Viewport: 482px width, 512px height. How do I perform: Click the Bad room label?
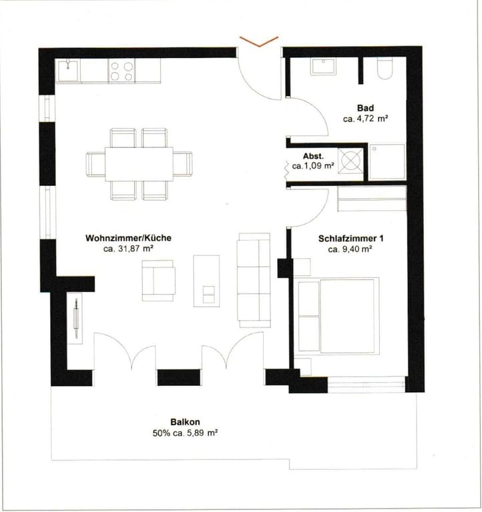click(x=365, y=108)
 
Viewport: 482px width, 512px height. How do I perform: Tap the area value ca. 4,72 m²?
click(x=365, y=119)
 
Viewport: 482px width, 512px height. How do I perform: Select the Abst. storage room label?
click(x=313, y=156)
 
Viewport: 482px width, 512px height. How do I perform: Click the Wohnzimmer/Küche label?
click(x=128, y=238)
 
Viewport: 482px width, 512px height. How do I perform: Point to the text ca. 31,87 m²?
click(x=129, y=249)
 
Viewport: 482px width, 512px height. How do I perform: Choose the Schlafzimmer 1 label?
click(x=351, y=239)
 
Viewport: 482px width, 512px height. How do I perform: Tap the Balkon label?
click(x=185, y=422)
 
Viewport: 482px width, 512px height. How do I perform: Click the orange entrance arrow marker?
click(x=259, y=41)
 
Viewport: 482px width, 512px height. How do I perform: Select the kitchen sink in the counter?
click(x=68, y=70)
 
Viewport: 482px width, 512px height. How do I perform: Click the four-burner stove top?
click(x=122, y=71)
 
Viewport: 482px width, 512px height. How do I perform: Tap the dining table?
click(x=139, y=164)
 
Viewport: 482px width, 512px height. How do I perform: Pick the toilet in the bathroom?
click(x=385, y=69)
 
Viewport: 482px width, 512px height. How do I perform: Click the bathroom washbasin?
click(x=323, y=67)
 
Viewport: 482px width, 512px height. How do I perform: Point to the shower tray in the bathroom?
click(x=387, y=161)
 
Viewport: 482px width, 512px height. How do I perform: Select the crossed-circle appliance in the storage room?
click(x=350, y=160)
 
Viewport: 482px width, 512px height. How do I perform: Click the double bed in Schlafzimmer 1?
click(x=338, y=316)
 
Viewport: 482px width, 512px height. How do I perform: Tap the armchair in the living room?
click(x=158, y=281)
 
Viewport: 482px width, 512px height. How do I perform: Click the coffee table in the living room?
click(x=206, y=281)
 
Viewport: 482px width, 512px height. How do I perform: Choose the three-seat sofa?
click(x=254, y=281)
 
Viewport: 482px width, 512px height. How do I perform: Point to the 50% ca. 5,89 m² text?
click(x=185, y=433)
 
